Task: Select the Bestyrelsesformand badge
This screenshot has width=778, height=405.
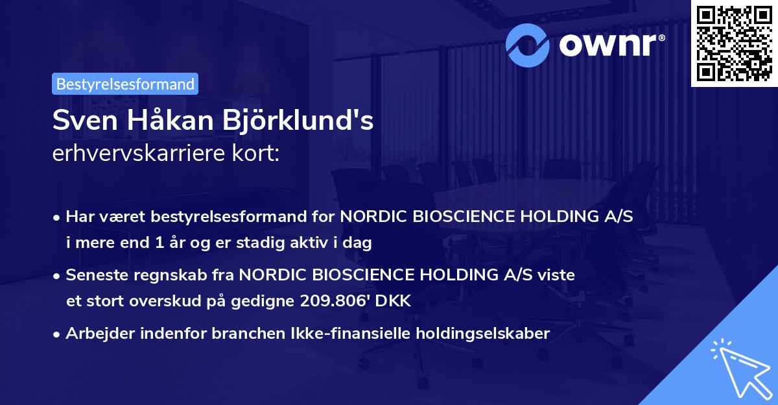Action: pyautogui.click(x=125, y=84)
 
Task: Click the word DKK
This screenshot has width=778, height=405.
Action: pyautogui.click(x=396, y=301)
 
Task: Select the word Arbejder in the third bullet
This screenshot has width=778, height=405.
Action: pyautogui.click(x=95, y=334)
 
